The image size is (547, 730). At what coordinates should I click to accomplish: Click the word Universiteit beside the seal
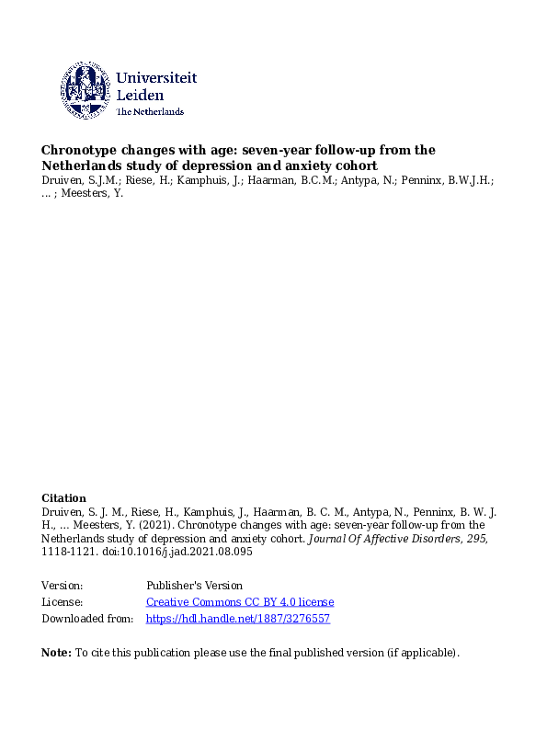156,79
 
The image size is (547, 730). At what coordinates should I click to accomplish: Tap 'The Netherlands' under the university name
150,112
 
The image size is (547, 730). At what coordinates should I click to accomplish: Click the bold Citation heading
63,498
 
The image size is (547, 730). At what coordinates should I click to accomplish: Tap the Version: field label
63,586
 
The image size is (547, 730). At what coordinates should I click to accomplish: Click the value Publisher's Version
194,586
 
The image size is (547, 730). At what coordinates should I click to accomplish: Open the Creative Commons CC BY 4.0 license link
240,602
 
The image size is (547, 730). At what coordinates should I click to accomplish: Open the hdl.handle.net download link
237,619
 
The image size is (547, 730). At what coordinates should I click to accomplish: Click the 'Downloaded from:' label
87,619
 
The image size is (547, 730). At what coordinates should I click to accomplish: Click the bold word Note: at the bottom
56,653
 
